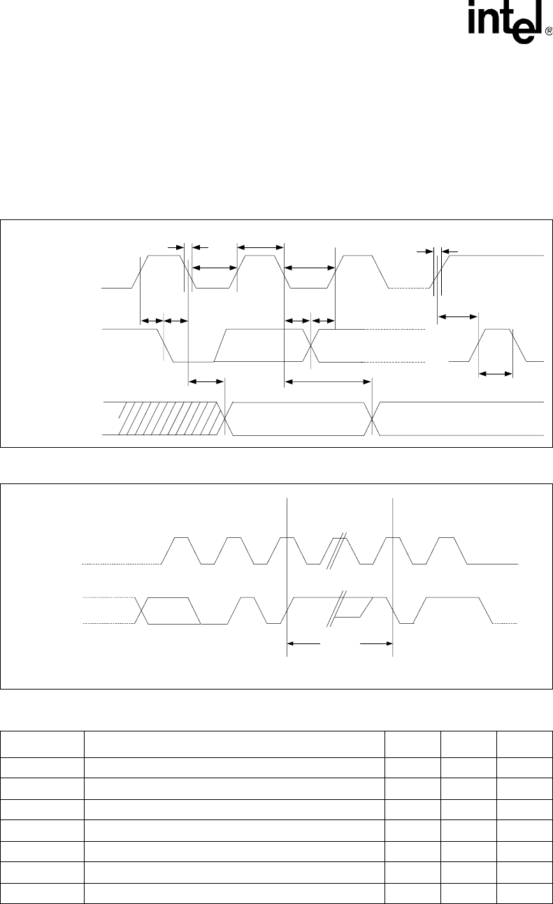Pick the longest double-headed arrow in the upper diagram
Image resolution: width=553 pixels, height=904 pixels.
pyautogui.click(x=327, y=381)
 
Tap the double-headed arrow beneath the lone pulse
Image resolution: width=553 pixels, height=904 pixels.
pyautogui.click(x=496, y=374)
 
